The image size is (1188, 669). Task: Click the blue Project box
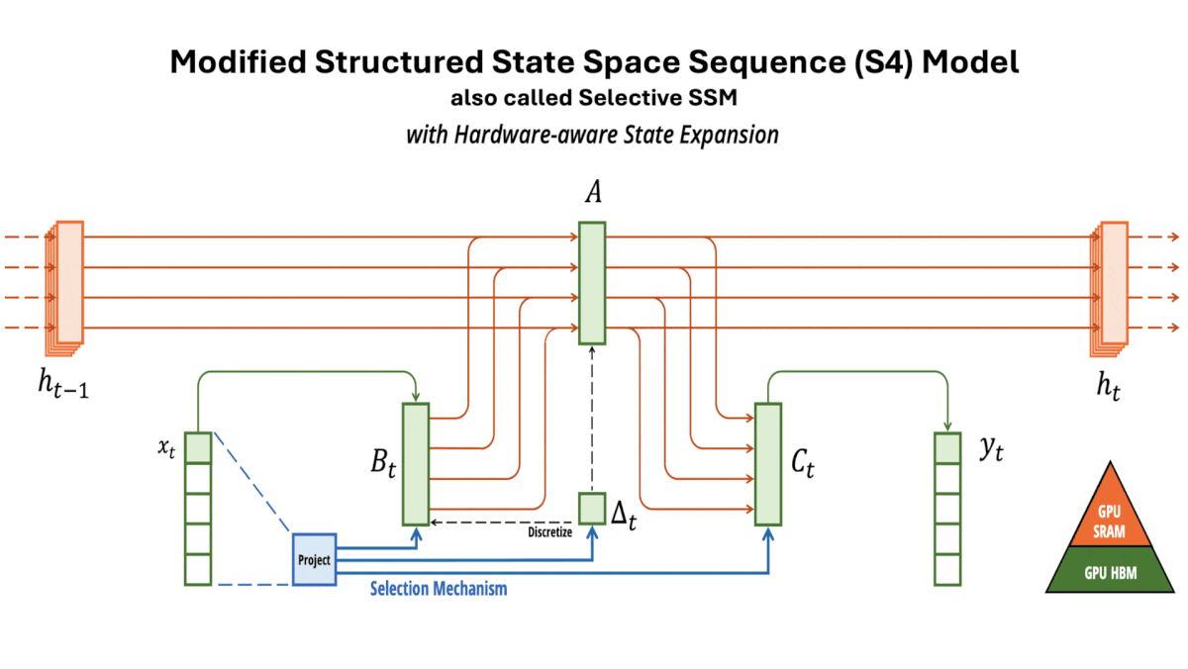click(313, 559)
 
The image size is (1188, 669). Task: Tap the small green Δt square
click(591, 508)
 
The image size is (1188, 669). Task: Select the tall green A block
click(592, 283)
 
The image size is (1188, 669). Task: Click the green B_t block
click(415, 463)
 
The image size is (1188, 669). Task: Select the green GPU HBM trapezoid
click(1109, 572)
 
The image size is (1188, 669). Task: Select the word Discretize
click(549, 532)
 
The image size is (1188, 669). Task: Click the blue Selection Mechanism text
click(438, 589)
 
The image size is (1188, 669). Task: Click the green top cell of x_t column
click(198, 448)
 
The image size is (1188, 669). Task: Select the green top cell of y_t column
click(947, 448)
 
